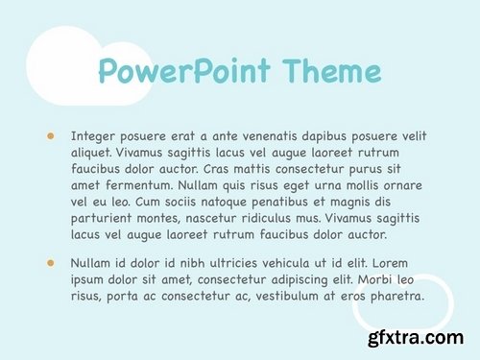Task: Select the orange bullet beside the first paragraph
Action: tap(50, 136)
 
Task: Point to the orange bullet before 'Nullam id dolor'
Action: tap(50, 261)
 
